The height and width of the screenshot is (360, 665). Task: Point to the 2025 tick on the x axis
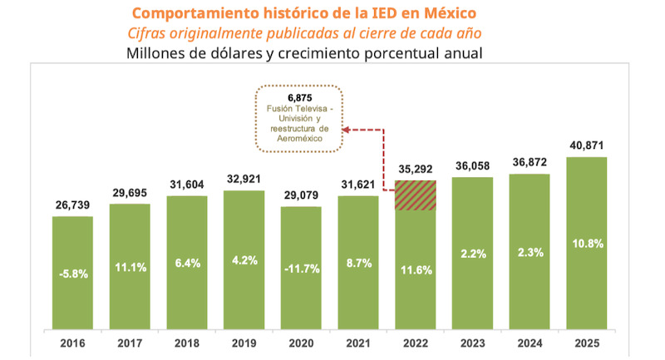[x=586, y=342]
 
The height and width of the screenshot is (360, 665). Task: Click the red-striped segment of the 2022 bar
[x=416, y=195]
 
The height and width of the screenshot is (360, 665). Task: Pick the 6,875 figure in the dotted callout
[x=297, y=96]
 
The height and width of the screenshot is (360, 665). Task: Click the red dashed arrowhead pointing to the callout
[x=348, y=130]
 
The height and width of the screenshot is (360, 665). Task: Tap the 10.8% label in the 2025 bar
[x=587, y=244]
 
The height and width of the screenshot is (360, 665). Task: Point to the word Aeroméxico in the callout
[x=297, y=140]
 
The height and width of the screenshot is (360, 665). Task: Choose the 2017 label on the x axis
[x=130, y=342]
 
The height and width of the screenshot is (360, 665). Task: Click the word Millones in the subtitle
[x=158, y=53]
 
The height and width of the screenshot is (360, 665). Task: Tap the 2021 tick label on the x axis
[x=358, y=342]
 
